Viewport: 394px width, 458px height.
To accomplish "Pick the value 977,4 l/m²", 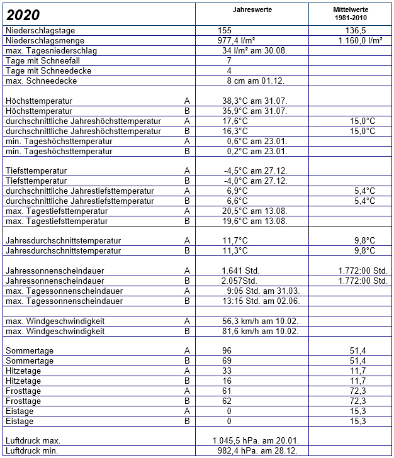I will tap(235, 40).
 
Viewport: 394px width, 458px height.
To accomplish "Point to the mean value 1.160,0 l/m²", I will tap(358, 40).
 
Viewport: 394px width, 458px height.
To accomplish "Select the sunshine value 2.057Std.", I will tap(239, 281).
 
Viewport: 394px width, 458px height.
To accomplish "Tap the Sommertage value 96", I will tap(228, 350).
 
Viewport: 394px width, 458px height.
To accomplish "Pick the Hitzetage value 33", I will tap(228, 371).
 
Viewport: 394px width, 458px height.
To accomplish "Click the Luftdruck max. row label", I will tap(32, 440).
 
